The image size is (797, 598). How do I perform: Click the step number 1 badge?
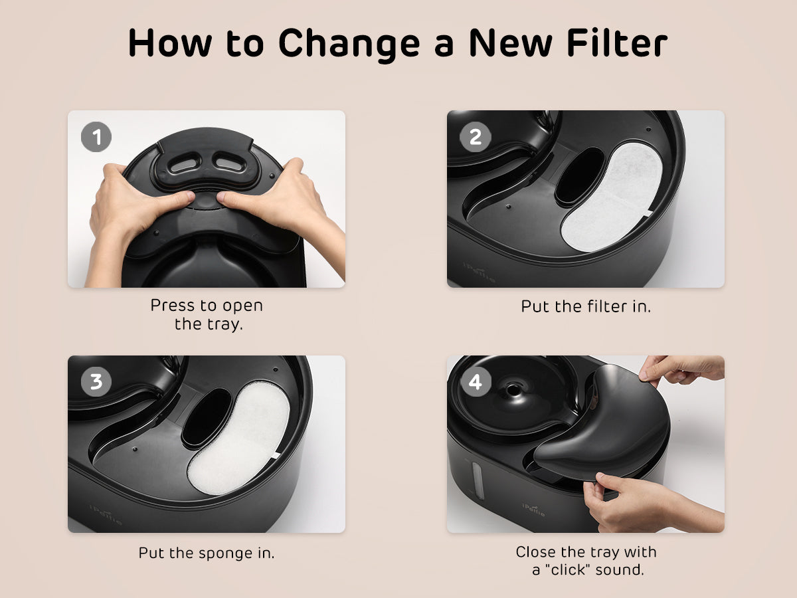(x=96, y=137)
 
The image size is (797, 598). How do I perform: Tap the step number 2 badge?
(x=476, y=137)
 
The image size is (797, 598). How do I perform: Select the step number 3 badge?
(x=96, y=381)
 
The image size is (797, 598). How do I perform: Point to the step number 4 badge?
(x=476, y=381)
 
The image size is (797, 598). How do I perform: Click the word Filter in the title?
(x=617, y=43)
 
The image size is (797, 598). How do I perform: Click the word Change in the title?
(x=349, y=45)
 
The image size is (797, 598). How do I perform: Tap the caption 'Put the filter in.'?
(x=586, y=306)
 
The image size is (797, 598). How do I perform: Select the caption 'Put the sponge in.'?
(x=207, y=553)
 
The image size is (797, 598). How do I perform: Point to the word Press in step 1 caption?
(x=173, y=306)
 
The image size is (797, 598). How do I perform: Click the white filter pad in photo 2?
(x=612, y=197)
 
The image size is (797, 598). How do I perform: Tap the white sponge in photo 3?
(x=238, y=437)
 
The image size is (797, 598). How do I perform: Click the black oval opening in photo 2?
(x=580, y=177)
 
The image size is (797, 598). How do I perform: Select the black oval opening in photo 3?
(x=207, y=418)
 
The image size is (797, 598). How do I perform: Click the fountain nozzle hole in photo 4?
(x=512, y=390)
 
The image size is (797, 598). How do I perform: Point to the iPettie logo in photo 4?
(x=534, y=510)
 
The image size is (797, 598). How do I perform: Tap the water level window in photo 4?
(x=477, y=479)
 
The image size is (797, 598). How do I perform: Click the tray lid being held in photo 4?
(x=603, y=423)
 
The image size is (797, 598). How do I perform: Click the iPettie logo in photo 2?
(x=479, y=272)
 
